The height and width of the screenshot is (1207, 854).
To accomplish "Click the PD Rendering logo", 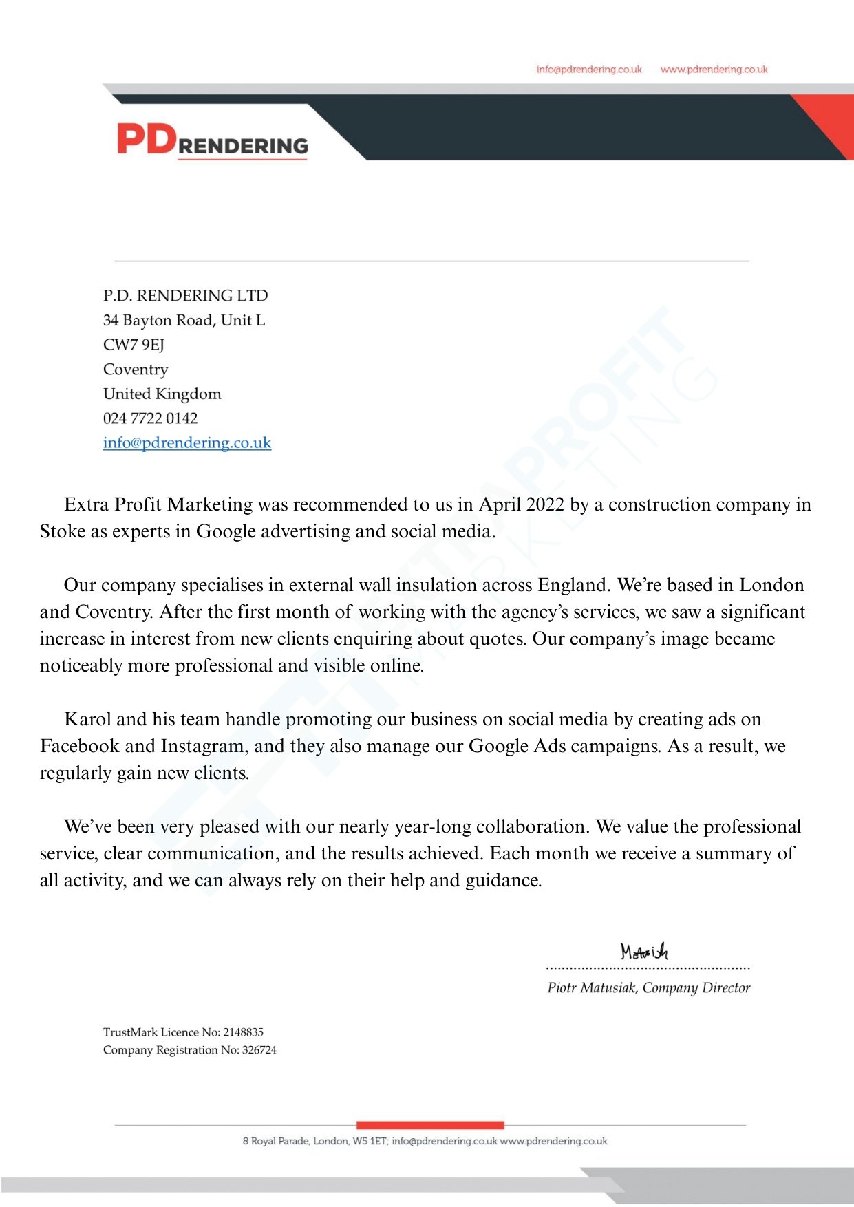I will (x=212, y=140).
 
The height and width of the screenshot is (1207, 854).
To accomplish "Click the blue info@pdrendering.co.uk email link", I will (x=187, y=442).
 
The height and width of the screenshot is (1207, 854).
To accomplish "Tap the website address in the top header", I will (x=714, y=70).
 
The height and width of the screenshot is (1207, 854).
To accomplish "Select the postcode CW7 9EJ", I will (x=134, y=345).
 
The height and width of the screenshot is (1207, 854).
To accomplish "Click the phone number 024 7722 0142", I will (x=150, y=418).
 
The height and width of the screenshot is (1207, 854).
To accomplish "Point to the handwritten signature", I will (x=644, y=952).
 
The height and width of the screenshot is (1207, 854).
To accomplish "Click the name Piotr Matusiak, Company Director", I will (x=648, y=987).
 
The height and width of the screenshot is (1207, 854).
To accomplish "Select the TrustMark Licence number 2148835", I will (x=243, y=1032).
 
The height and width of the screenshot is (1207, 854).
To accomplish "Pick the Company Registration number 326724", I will (x=259, y=1050).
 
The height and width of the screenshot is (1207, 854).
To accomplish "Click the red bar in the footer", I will (x=430, y=1125).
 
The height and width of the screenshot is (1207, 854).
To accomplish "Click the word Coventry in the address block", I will (x=136, y=370).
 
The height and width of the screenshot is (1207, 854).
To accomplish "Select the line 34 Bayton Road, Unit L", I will (x=184, y=321).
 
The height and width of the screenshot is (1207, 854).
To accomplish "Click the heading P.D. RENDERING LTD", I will (x=185, y=296).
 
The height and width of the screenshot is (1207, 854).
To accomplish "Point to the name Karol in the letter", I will (x=87, y=719).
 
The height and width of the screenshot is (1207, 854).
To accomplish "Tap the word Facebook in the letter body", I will (x=79, y=746).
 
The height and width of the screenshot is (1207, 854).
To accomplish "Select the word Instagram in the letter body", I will (x=203, y=746).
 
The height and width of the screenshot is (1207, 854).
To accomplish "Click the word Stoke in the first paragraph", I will (x=62, y=531).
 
